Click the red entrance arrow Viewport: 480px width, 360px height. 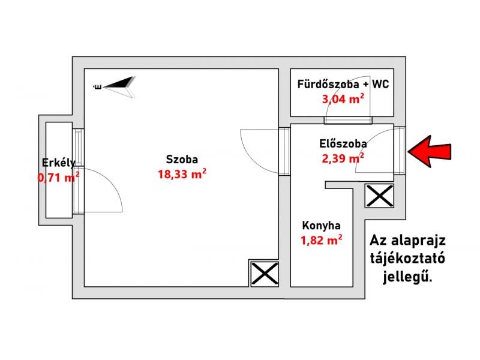coord(430,152)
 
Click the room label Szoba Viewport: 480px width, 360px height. coord(182,159)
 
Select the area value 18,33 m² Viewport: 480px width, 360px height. coord(182,174)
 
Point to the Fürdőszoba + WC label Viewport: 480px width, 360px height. coord(343,84)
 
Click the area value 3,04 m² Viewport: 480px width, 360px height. coord(343,99)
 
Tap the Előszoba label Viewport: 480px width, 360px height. coord(343,143)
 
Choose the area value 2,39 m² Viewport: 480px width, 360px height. coord(343,158)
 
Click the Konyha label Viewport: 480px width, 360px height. coord(321,226)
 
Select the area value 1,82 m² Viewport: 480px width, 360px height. coord(321,241)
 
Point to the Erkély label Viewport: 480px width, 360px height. coord(58,163)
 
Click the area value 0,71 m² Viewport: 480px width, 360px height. coord(58,177)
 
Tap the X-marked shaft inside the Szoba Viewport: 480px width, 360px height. coord(265,274)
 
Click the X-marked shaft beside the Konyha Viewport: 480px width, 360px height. coord(379,196)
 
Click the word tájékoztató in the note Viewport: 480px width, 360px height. coord(407,259)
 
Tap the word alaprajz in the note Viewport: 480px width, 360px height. coord(418,241)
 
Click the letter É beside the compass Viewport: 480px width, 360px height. coord(98,87)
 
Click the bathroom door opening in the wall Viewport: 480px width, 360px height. coord(348,120)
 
